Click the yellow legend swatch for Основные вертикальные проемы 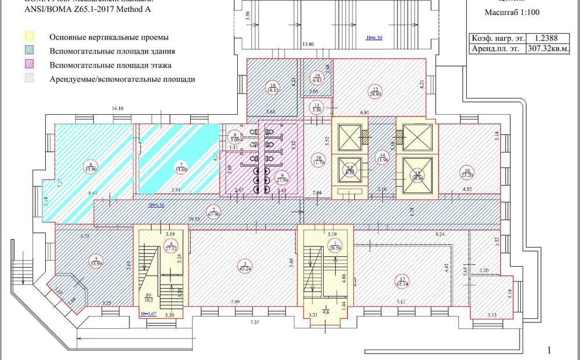(x=30, y=38)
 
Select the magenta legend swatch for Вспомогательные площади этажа (x=30, y=65)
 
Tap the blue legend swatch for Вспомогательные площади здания (x=30, y=52)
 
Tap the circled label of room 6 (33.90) (x=90, y=166)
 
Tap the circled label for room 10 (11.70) (x=318, y=161)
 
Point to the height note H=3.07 (x=148, y=314)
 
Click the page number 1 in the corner (x=549, y=350)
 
